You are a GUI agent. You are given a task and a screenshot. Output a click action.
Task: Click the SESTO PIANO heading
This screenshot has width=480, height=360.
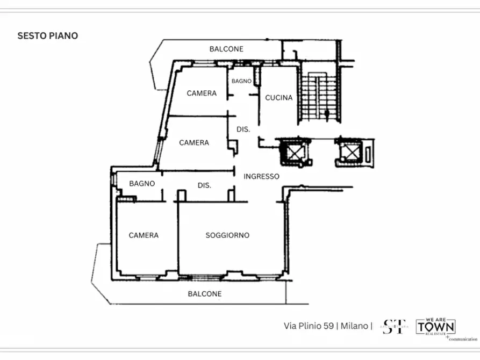48,36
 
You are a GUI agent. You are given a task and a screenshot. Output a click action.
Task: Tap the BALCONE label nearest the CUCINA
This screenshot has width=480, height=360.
226,49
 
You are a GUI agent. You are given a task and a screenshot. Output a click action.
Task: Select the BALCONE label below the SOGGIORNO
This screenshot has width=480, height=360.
204,294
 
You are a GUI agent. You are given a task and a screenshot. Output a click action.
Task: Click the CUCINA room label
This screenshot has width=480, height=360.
279,98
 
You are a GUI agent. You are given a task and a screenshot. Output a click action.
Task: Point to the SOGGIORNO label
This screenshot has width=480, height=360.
227,235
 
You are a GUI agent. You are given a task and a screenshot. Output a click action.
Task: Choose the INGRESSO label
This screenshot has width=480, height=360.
261,176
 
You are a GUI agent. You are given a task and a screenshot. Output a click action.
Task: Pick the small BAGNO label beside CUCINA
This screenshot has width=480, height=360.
241,81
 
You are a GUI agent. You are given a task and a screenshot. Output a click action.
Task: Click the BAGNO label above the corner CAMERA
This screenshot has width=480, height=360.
142,183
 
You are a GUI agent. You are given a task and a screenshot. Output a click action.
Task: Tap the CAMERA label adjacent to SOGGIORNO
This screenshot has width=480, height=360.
144,235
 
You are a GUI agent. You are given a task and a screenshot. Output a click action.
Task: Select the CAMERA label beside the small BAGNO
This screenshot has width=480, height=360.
202,93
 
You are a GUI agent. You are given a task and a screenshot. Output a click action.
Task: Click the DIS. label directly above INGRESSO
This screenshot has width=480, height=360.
243,129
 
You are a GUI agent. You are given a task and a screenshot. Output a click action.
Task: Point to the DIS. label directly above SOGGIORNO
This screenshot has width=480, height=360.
204,185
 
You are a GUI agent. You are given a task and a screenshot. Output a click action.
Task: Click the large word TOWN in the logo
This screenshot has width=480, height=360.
436,326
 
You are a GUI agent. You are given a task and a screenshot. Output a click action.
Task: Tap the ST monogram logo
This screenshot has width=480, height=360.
394,326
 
